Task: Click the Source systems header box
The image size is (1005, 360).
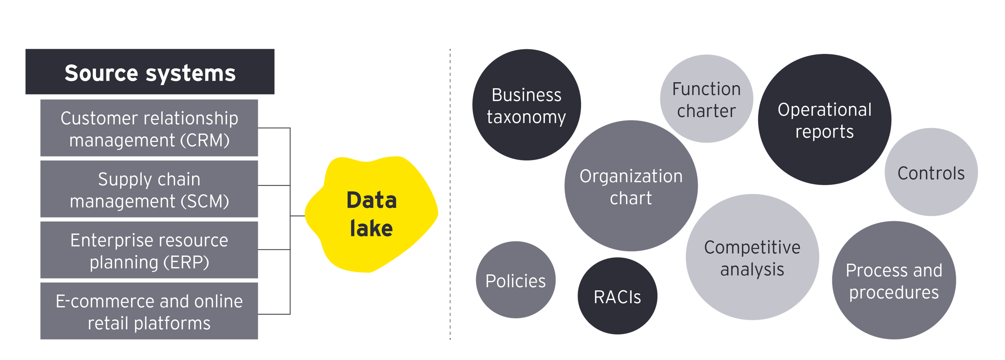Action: [x=150, y=72]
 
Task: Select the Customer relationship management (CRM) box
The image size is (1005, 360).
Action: [x=149, y=128]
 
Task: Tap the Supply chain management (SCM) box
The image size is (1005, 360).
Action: [x=149, y=189]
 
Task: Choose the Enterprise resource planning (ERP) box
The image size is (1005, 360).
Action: [x=149, y=250]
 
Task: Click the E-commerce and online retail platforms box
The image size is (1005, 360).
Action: [x=149, y=311]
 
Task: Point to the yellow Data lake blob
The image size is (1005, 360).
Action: [x=371, y=214]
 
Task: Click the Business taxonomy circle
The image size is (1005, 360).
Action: [x=526, y=105]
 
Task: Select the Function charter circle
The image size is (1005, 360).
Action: [x=706, y=99]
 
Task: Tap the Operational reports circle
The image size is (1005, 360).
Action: [x=824, y=120]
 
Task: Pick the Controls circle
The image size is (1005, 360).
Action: [x=931, y=172]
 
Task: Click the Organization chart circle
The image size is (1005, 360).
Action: [x=631, y=186]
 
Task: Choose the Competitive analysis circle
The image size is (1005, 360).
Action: [x=752, y=257]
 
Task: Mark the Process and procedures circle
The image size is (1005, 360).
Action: [x=894, y=280]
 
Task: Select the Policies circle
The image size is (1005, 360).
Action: [x=516, y=280]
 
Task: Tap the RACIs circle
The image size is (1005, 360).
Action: [x=617, y=296]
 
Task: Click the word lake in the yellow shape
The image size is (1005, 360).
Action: [x=371, y=228]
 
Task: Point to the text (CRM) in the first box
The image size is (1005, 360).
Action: [x=205, y=140]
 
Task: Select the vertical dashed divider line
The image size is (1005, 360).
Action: [x=450, y=195]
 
